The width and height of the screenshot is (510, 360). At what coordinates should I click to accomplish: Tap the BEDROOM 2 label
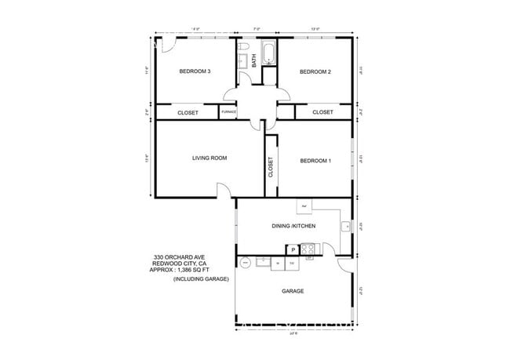click(315, 72)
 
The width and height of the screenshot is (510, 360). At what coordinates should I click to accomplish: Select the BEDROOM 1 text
click(315, 162)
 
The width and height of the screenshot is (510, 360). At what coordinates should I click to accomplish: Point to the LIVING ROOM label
click(209, 158)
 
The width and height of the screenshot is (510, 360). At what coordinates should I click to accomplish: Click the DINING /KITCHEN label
click(294, 226)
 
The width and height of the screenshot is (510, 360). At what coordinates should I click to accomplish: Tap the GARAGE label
click(293, 291)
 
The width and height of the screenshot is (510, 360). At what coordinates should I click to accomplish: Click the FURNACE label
click(228, 112)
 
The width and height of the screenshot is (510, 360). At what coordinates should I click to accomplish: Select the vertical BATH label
click(254, 60)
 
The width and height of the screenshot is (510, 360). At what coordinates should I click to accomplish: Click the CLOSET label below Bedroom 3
click(188, 113)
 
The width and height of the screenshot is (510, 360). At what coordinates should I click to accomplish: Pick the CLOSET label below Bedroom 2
click(322, 112)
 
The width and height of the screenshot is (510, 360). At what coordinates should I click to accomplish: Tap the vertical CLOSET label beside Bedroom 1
click(271, 168)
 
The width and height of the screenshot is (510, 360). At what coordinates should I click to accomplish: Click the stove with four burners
click(308, 249)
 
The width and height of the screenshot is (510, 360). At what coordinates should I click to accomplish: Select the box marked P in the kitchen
click(292, 249)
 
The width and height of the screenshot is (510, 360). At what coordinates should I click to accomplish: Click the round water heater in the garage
click(245, 263)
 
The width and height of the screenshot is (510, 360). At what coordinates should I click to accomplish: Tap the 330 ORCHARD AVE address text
click(180, 257)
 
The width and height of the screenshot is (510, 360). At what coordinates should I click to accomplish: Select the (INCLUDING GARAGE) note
click(198, 279)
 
